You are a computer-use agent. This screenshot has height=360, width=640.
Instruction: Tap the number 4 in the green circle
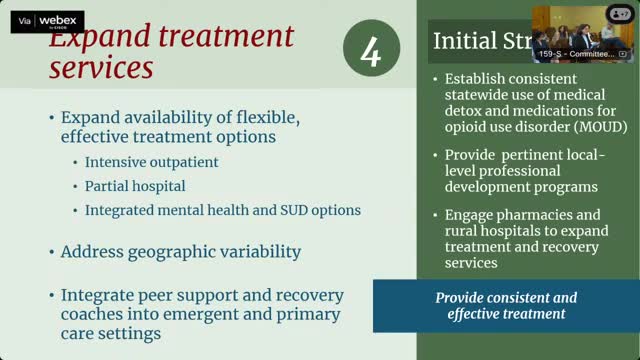[370, 50]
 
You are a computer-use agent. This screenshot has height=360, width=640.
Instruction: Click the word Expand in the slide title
[95, 41]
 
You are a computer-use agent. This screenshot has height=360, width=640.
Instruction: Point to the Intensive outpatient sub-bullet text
[151, 162]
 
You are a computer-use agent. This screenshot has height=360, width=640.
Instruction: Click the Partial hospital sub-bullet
[135, 186]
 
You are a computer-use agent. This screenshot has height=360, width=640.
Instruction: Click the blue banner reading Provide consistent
[506, 305]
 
